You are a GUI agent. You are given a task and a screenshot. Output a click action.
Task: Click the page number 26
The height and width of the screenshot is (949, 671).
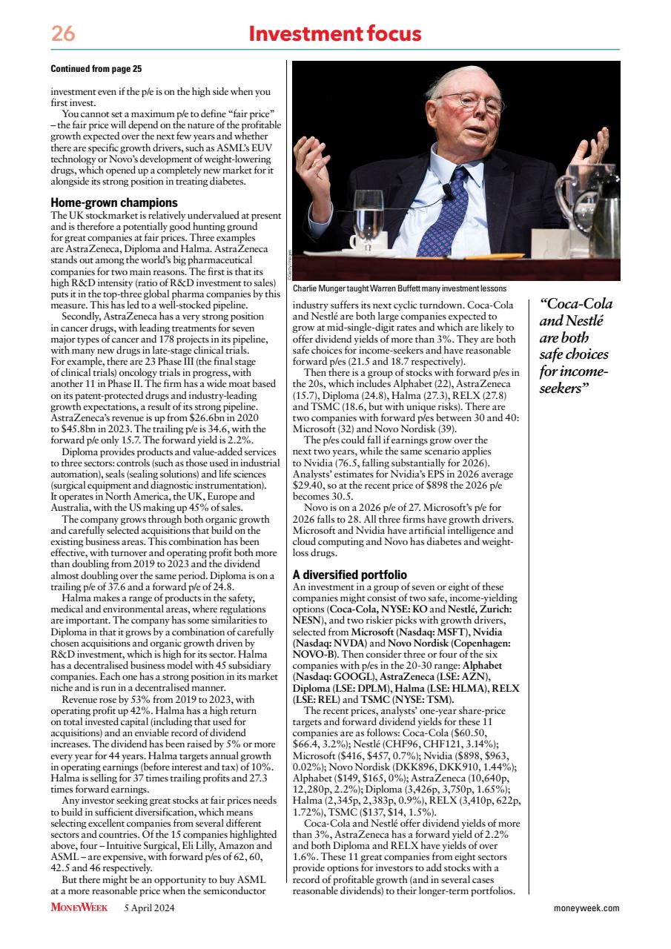pos(62,34)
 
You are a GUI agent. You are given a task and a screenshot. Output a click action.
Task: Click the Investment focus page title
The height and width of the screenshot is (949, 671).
pos(335,33)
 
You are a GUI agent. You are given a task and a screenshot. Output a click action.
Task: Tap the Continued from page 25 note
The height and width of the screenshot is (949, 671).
pos(96,69)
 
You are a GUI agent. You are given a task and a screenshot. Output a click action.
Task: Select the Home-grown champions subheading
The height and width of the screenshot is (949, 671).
pos(113,202)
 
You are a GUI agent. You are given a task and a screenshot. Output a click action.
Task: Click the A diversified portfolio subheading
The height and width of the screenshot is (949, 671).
pos(349,575)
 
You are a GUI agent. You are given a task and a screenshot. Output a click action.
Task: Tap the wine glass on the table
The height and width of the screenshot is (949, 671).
pos(368,215)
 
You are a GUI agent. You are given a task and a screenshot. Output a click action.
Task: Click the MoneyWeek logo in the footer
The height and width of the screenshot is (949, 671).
pos(79,907)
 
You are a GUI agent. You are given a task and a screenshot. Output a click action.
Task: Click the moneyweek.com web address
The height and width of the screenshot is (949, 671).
pos(586,907)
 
